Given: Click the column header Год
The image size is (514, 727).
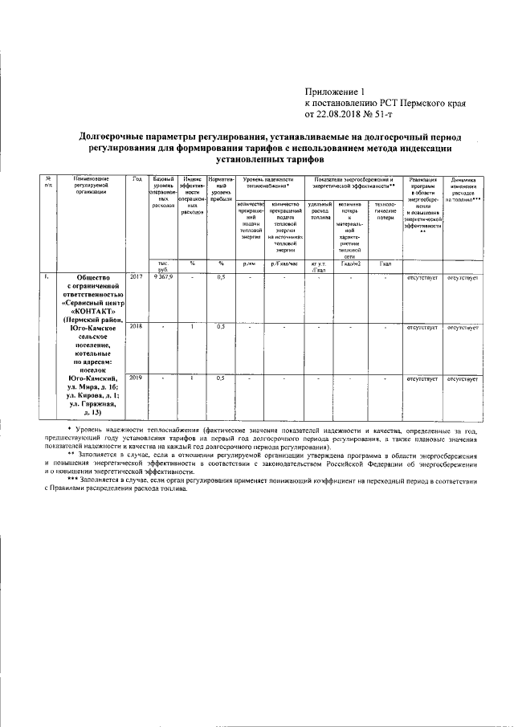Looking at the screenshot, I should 137,178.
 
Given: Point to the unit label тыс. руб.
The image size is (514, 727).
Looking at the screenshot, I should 162,266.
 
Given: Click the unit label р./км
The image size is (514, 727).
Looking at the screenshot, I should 249,263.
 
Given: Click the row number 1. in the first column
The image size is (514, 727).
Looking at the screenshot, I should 47,277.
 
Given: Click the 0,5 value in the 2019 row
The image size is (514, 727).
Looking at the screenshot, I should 220,378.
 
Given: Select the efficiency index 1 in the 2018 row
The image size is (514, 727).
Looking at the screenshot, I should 192,327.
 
